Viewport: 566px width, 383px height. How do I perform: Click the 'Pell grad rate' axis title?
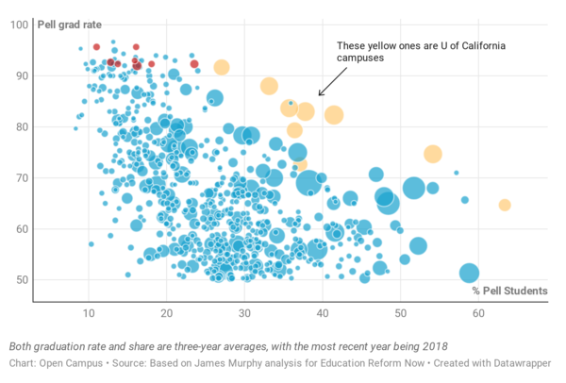(x=69, y=23)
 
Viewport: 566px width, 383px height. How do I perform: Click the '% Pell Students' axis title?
(x=510, y=290)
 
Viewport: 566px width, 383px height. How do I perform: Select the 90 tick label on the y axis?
(x=21, y=75)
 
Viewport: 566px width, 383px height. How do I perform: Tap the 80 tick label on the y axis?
(x=21, y=126)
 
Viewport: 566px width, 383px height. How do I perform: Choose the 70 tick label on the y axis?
(x=21, y=177)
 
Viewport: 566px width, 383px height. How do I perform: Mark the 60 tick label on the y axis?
(x=21, y=228)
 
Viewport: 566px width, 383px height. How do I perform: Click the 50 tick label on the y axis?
(x=21, y=280)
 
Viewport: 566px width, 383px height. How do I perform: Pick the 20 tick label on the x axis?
(x=166, y=313)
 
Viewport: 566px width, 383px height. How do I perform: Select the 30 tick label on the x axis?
(x=244, y=313)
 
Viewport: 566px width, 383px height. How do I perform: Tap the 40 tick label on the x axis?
(x=323, y=313)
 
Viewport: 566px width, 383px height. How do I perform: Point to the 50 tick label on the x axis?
(x=401, y=313)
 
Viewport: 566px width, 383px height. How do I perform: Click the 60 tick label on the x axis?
(x=479, y=313)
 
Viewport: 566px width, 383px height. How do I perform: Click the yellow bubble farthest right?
(x=505, y=205)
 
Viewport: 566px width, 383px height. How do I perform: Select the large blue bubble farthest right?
(x=470, y=273)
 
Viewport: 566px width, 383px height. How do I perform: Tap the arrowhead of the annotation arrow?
(x=320, y=94)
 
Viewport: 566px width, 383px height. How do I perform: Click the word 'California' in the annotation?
(x=491, y=45)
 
